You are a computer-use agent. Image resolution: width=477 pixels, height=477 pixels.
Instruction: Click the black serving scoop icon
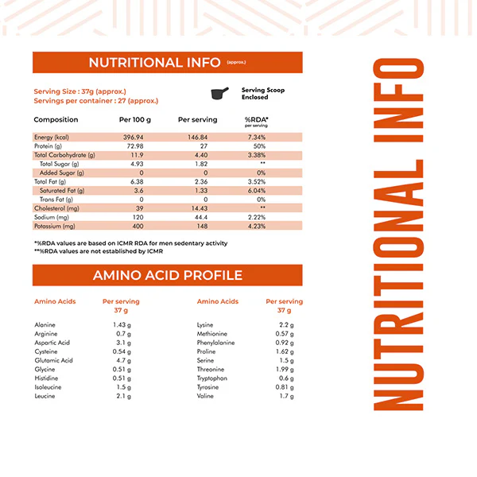220,93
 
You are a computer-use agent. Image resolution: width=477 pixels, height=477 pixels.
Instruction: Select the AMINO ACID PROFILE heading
168,276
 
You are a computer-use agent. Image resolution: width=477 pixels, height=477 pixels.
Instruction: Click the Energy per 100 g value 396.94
130,137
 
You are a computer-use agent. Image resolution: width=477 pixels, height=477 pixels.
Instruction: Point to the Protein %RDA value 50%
258,146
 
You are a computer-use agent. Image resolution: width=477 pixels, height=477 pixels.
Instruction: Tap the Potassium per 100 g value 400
130,226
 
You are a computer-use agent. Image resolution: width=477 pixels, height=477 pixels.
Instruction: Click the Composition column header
56,120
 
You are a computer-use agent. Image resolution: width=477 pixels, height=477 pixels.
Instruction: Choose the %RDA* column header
256,120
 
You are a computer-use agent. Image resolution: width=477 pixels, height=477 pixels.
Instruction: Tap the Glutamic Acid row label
54,360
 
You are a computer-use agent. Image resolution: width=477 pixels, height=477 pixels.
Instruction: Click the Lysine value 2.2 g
286,325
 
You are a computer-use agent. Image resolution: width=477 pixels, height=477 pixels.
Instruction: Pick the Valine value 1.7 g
286,396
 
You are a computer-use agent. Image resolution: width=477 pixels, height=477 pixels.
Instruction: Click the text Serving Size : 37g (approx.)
79,91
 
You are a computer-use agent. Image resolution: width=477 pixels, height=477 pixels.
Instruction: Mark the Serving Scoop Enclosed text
262,93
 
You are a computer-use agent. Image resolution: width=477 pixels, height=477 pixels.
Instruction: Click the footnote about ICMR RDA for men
130,243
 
